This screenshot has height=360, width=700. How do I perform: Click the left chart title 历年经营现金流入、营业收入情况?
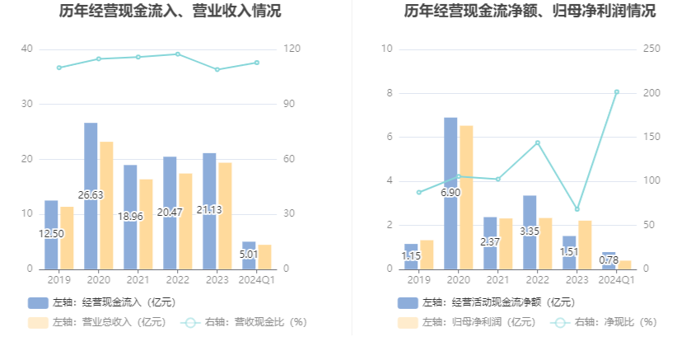pos(170,12)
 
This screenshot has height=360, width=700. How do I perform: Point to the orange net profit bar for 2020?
pos(466,198)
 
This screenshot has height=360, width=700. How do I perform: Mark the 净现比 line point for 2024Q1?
pos(616,92)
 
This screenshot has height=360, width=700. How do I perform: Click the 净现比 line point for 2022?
pos(537,143)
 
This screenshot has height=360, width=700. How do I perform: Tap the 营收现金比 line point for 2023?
pos(217,69)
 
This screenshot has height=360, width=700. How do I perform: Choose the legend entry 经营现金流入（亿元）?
pos(103,302)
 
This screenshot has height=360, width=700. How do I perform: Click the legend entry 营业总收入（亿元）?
pos(98,322)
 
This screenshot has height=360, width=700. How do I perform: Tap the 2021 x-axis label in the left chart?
pos(138,280)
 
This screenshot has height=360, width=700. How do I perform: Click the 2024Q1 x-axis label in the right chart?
pos(616,280)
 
